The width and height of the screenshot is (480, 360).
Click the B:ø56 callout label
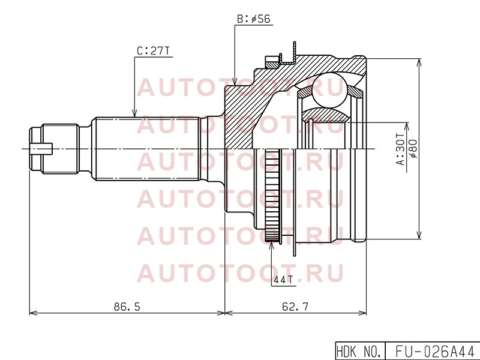pos(253,19)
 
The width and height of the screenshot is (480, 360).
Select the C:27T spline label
pos(153,51)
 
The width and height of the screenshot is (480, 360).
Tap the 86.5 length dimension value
pos(127,306)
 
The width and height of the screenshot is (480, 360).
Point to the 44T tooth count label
pos(283,280)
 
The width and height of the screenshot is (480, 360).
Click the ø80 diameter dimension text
pos(413,149)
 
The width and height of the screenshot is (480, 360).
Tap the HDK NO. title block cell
pos(360,351)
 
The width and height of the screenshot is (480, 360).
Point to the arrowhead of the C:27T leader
pos(134,113)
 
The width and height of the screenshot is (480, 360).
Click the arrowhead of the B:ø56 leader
pos(235,82)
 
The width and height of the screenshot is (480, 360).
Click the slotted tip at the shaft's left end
pos(41,149)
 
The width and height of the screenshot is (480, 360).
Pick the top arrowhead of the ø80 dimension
pos(419,62)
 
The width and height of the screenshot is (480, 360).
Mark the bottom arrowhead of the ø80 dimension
pos(419,235)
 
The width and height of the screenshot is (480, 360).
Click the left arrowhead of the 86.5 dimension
pos(34,313)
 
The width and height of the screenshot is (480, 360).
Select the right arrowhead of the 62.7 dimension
pos(362,313)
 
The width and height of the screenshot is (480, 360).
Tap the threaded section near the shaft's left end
pos(61,149)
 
